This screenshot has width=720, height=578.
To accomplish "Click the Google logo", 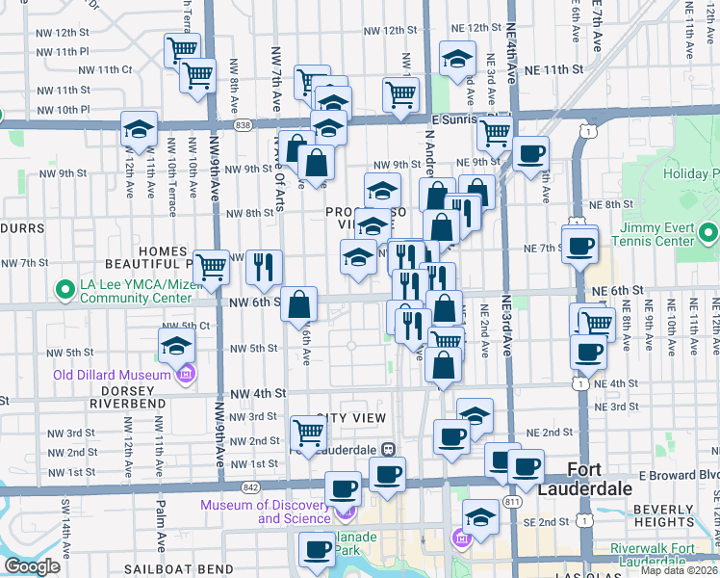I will pyautogui.click(x=32, y=566).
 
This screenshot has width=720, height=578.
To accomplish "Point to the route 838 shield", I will pyautogui.click(x=244, y=125).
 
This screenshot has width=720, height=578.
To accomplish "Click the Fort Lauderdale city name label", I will pyautogui.click(x=598, y=479).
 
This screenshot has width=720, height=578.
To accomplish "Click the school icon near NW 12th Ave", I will pyautogui.click(x=139, y=130).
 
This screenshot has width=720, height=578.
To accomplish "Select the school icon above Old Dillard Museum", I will pyautogui.click(x=177, y=347).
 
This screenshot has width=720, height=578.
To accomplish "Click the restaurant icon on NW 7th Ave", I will pyautogui.click(x=263, y=267).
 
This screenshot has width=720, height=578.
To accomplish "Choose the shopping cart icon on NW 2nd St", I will pyautogui.click(x=308, y=433).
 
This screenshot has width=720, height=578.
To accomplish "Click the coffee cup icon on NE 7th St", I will pyautogui.click(x=580, y=247).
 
